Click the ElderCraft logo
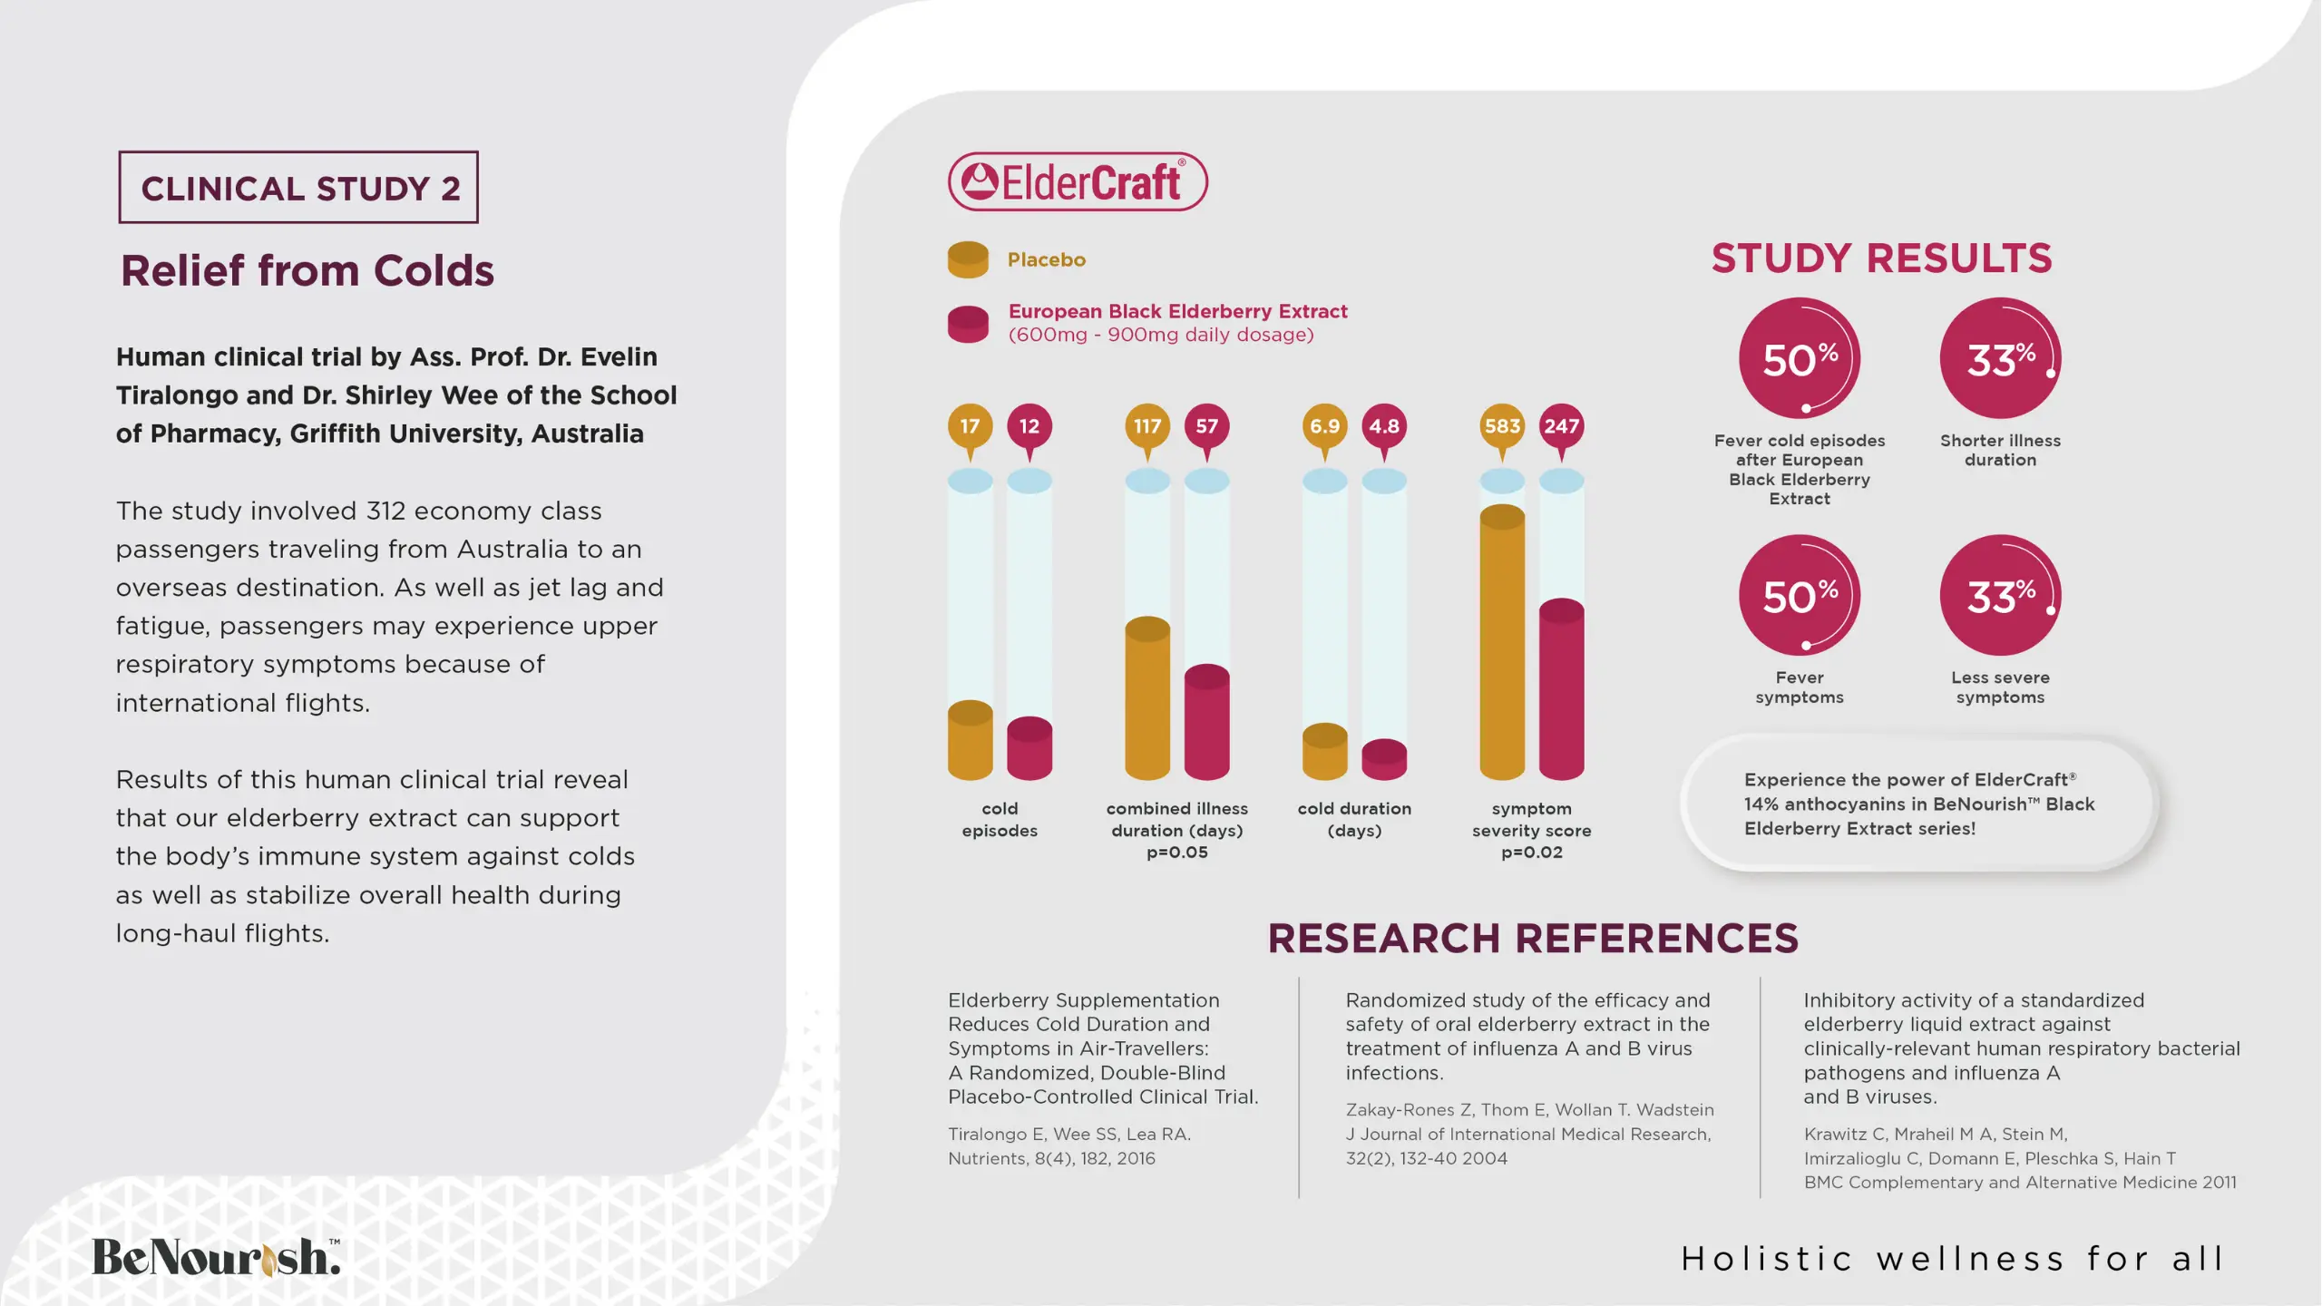(1078, 181)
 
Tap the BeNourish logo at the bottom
(216, 1257)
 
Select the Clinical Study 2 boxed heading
(298, 188)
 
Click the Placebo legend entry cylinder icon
(968, 259)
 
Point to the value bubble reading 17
(970, 426)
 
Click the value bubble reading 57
(1206, 426)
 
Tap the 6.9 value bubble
(1324, 426)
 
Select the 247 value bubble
(1561, 426)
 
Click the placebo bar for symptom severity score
(1502, 644)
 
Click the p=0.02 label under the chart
(1531, 853)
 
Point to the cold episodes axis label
(1000, 819)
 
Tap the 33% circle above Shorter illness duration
(2000, 359)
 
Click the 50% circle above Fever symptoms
(1799, 596)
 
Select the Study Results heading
(1881, 258)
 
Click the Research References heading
(1532, 938)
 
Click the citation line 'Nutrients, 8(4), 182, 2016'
(1051, 1158)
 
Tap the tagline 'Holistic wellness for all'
(1952, 1259)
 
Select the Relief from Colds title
(307, 270)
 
